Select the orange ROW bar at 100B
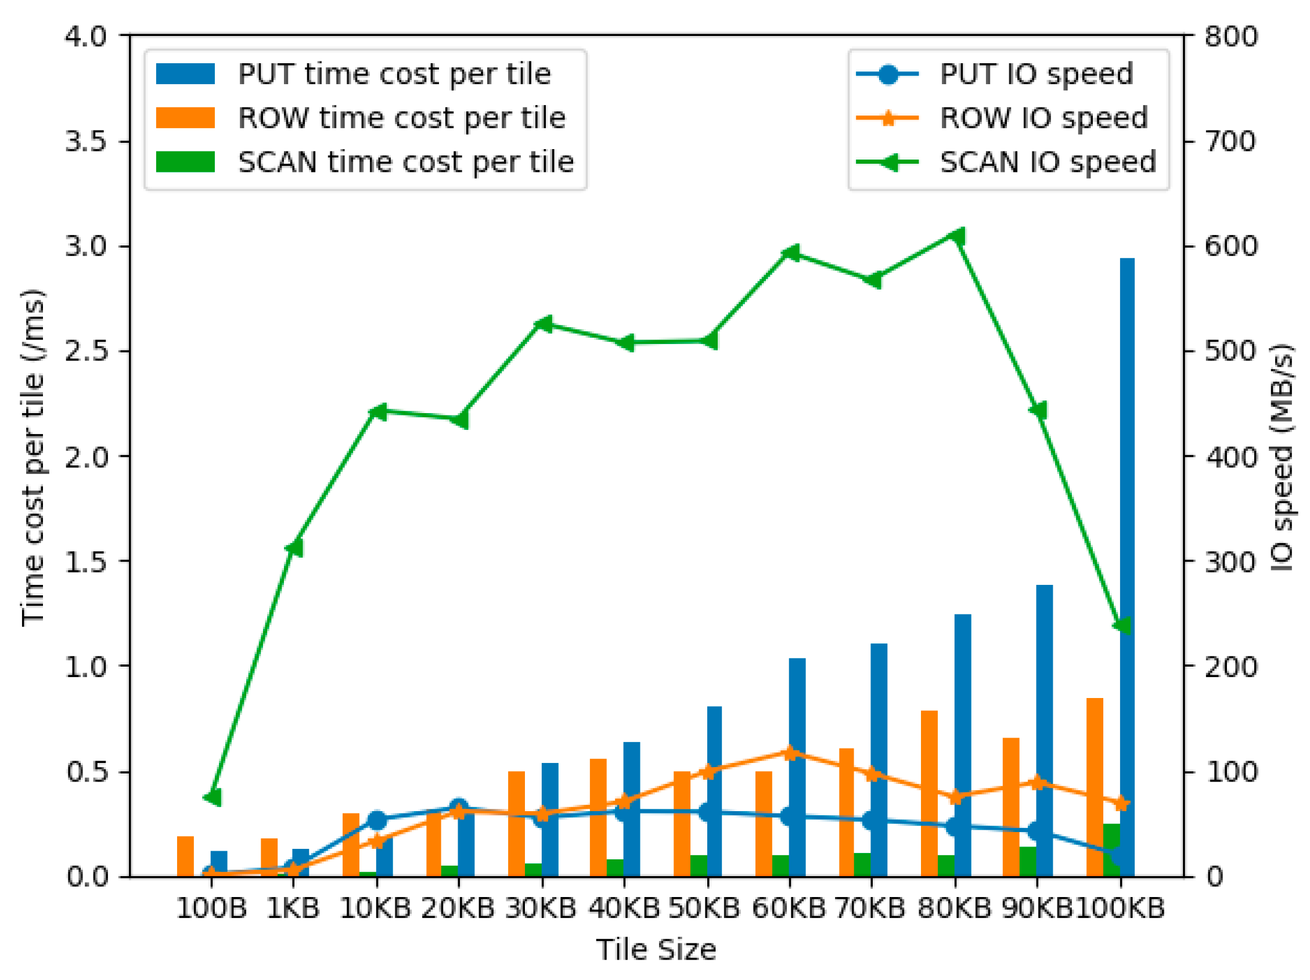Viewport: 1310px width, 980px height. (x=185, y=856)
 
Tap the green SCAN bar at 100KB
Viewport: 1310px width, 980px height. (x=1111, y=850)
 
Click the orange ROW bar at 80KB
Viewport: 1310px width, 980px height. (x=928, y=793)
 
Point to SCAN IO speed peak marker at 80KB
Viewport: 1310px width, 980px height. (x=956, y=237)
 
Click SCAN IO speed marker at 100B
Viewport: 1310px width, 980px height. (x=213, y=797)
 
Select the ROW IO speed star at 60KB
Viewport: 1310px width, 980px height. (x=790, y=753)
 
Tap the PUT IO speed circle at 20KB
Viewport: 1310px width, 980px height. (x=458, y=807)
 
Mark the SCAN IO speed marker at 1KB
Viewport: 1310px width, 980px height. (x=294, y=548)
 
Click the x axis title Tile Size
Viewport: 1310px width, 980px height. (x=656, y=950)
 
